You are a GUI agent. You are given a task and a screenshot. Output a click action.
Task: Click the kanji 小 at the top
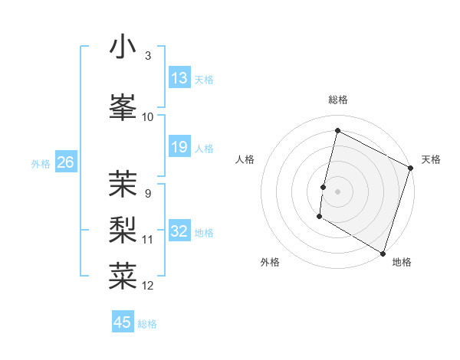click(123, 47)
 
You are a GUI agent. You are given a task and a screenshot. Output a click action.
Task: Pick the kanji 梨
click(123, 230)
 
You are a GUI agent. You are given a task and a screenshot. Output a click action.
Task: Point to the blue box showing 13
click(179, 78)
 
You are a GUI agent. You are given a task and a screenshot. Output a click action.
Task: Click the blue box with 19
click(179, 147)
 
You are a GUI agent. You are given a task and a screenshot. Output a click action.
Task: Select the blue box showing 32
click(179, 231)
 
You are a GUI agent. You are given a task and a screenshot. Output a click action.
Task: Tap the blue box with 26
click(65, 162)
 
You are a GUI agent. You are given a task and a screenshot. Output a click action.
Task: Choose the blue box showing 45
click(123, 322)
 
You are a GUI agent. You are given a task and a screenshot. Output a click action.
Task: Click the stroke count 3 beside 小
click(147, 56)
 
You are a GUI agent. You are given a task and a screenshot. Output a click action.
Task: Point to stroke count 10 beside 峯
click(148, 116)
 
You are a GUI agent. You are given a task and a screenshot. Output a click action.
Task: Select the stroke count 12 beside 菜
click(148, 286)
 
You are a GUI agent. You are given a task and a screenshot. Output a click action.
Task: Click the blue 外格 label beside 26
click(41, 163)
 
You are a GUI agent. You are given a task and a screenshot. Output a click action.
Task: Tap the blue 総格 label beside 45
click(147, 324)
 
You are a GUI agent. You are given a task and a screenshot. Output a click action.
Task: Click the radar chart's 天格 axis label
click(431, 159)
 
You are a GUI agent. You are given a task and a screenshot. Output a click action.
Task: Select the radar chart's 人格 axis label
click(245, 159)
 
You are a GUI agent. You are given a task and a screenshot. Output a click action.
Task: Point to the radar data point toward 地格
click(383, 253)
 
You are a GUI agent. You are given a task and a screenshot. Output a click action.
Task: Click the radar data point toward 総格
click(337, 131)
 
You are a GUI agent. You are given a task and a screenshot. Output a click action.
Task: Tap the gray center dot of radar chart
click(337, 191)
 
